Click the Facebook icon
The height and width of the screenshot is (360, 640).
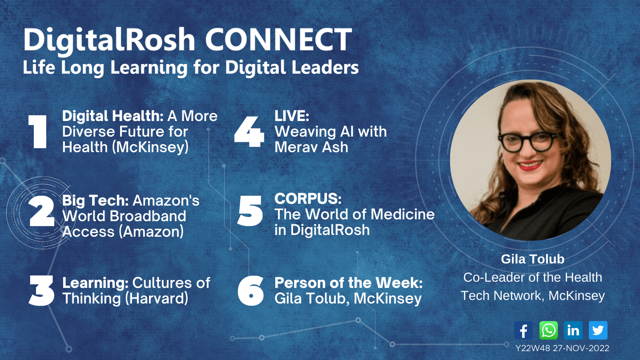[x=523, y=330]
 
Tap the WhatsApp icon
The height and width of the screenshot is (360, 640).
[x=548, y=330]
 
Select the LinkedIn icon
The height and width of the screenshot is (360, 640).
[x=573, y=330]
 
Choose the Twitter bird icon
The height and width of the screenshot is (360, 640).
[x=598, y=330]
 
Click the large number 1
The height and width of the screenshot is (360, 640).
[x=38, y=132]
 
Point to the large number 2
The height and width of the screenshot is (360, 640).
[x=42, y=211]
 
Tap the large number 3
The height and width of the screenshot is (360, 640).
[x=41, y=291]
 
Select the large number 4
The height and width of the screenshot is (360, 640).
[x=249, y=132]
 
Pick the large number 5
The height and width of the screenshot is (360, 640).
[x=250, y=211]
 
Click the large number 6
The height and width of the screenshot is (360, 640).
[x=250, y=291]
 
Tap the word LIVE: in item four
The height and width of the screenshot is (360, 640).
[x=292, y=116]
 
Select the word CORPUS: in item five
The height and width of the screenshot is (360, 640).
[x=308, y=198]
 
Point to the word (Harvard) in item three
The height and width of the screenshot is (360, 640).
[x=157, y=299]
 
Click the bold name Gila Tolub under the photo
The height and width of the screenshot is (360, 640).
[x=532, y=259]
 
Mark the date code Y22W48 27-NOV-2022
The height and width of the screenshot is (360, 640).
[x=562, y=348]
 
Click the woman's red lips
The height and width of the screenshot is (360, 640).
[x=530, y=166]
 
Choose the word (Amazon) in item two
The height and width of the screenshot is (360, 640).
[x=151, y=231]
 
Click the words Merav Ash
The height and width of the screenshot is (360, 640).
[x=311, y=148]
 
